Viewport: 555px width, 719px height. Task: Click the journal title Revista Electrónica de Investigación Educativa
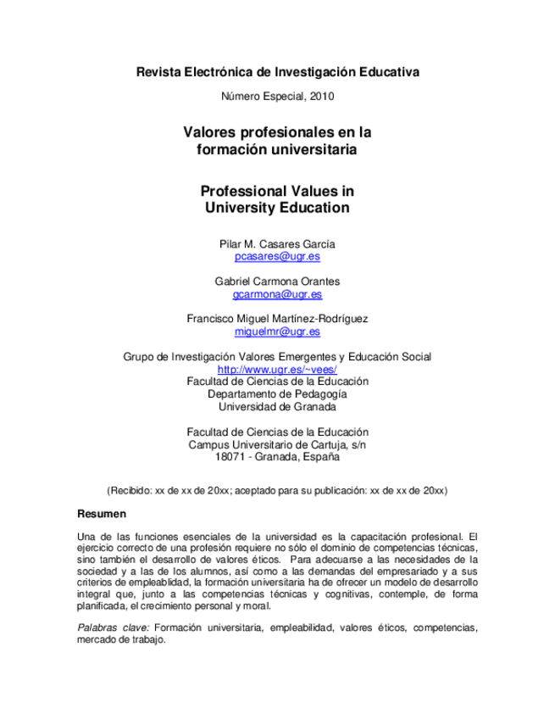(277, 72)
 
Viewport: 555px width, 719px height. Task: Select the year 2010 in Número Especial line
(322, 96)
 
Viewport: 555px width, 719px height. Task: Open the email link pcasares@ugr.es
(277, 256)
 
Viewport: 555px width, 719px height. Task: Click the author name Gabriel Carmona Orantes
(277, 281)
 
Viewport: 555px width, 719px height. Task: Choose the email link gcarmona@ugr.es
(277, 294)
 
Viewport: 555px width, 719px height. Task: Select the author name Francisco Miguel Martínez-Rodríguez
(277, 319)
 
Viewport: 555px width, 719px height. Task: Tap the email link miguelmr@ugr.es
(277, 332)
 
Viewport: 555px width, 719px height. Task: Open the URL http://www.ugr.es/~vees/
(277, 370)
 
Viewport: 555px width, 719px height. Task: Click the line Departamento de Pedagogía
(277, 393)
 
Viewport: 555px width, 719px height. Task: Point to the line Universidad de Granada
(277, 406)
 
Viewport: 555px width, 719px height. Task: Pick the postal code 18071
(231, 456)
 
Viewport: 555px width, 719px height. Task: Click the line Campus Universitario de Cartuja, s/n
(277, 443)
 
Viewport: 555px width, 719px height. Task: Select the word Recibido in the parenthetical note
(130, 491)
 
